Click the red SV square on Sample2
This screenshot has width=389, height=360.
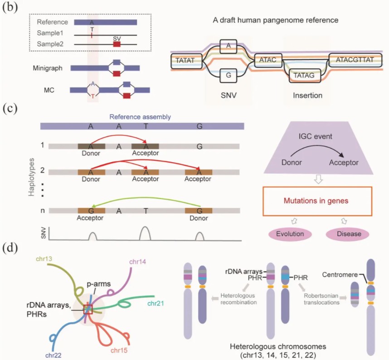point(117,44)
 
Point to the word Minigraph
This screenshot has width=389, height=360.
point(47,68)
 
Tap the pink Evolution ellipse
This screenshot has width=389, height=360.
point(289,234)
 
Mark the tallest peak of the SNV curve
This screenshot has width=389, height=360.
point(145,234)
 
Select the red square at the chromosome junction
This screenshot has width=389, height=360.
point(87,309)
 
